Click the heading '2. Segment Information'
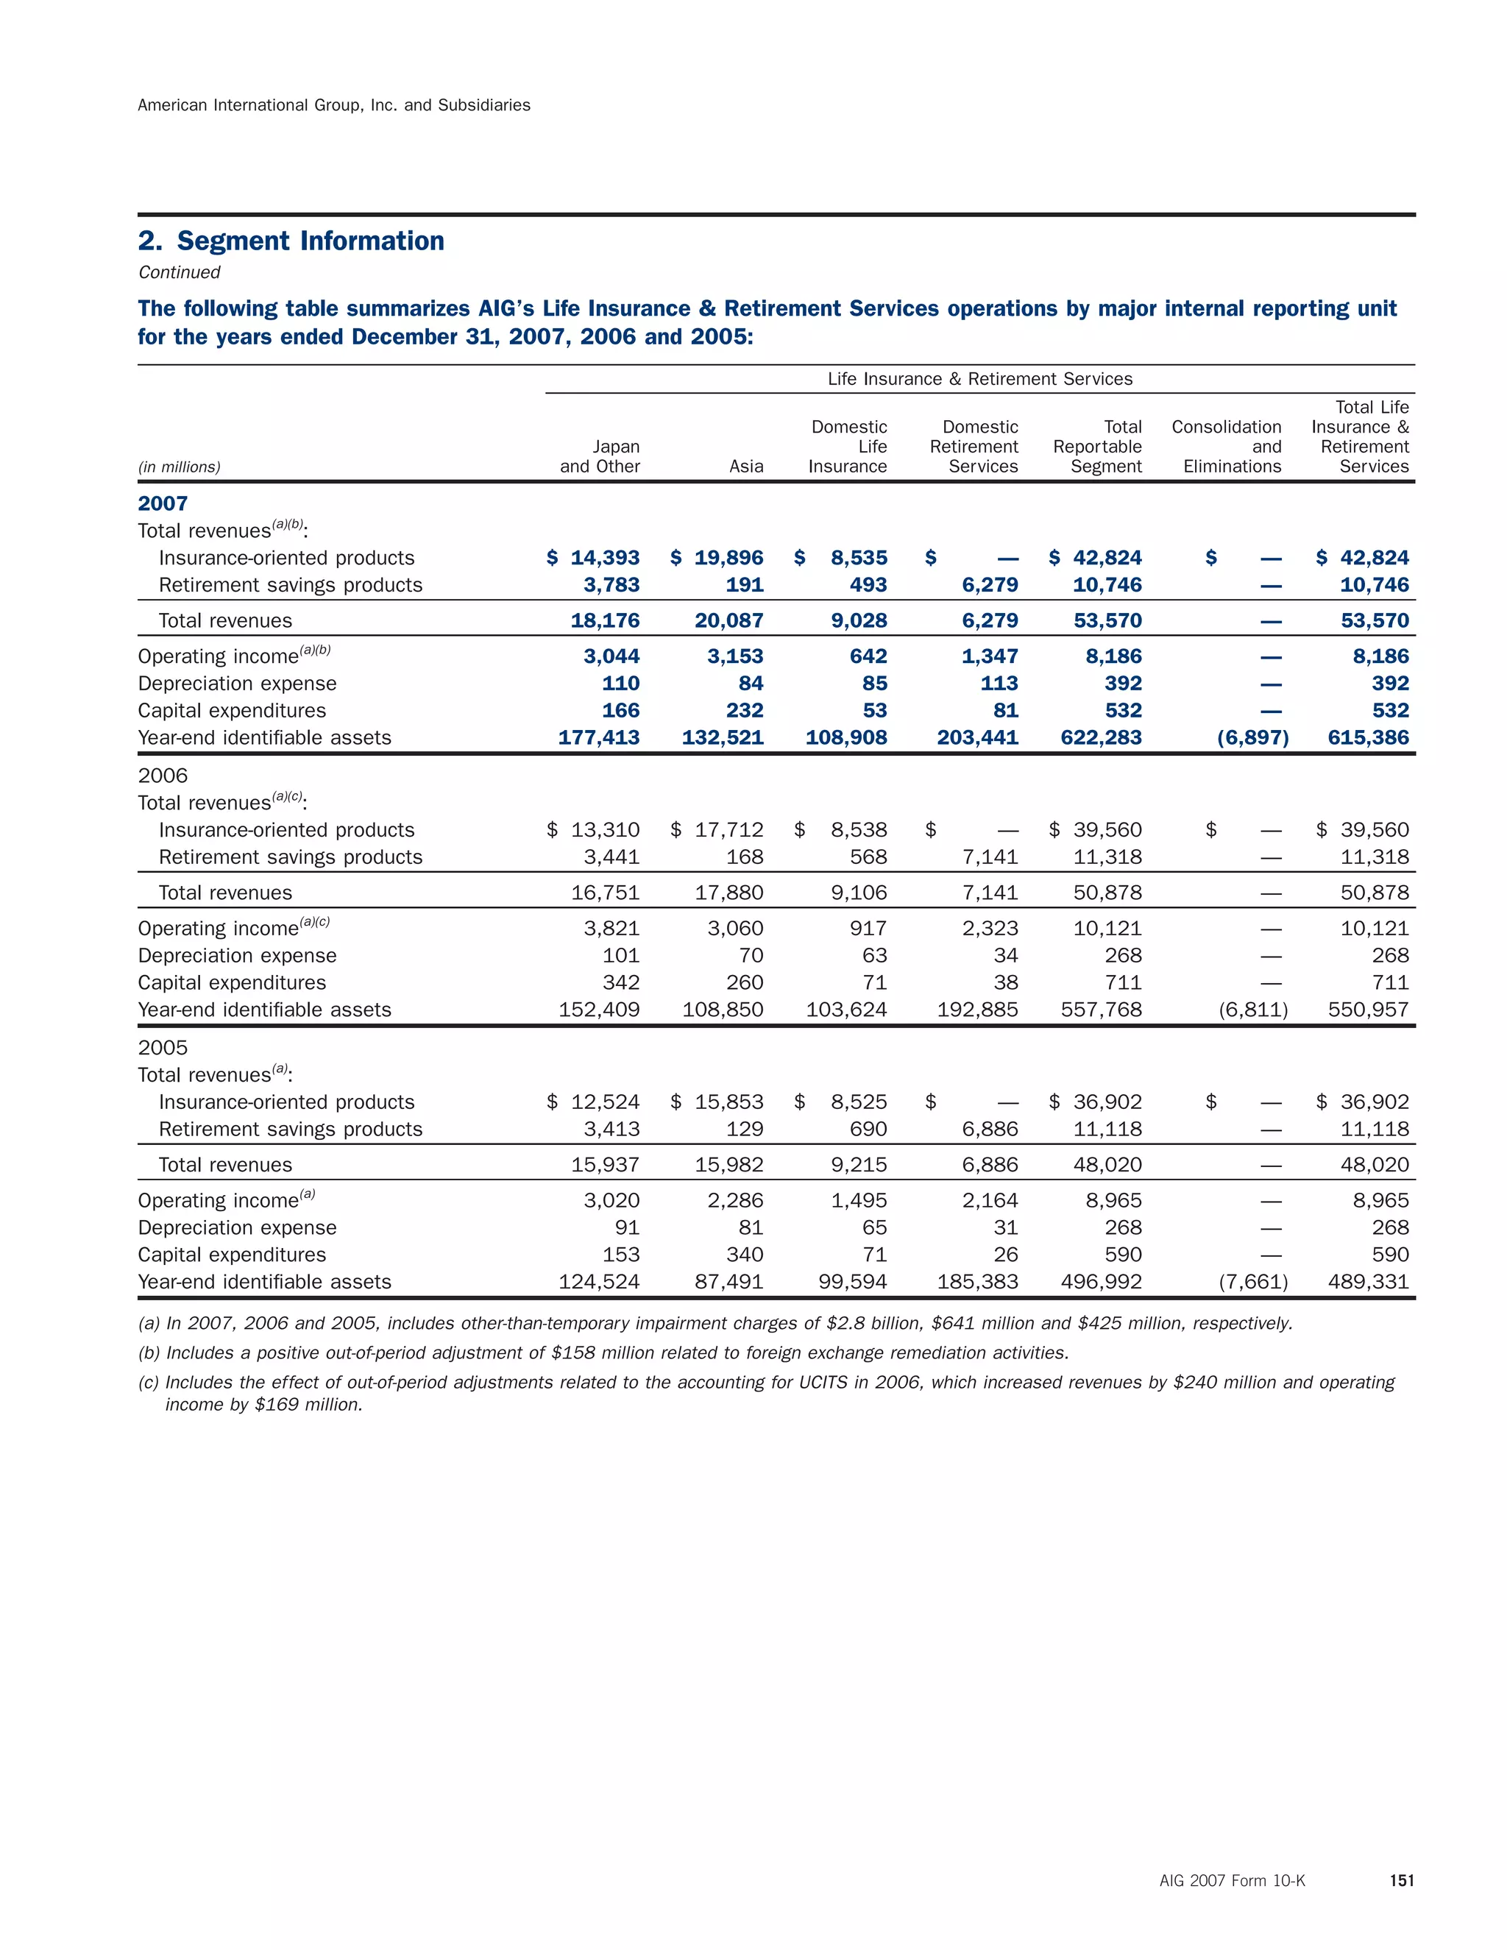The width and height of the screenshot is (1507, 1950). click(291, 241)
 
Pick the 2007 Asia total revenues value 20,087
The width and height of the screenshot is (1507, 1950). click(728, 620)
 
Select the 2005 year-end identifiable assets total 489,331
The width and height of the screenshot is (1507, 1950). click(1368, 1282)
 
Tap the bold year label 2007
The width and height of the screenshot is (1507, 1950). click(163, 503)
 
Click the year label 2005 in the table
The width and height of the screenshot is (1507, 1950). click(163, 1047)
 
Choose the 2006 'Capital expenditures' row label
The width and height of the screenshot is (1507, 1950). click(232, 983)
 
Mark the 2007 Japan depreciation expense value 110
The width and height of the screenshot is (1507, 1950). click(620, 684)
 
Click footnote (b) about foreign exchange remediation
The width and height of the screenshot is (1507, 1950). click(603, 1352)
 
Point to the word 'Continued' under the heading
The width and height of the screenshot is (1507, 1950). click(180, 272)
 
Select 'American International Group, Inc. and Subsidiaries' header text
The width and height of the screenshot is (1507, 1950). click(334, 105)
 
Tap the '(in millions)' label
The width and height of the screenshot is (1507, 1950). click(180, 467)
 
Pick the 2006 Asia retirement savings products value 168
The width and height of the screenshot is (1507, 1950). click(745, 857)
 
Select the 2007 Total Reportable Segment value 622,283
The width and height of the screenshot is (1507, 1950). click(1101, 738)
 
